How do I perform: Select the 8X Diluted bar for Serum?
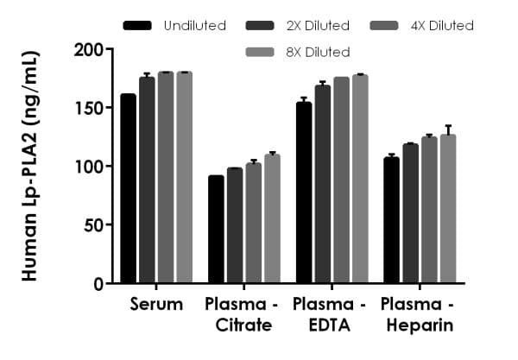click(x=184, y=177)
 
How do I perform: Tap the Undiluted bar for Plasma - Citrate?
click(x=216, y=229)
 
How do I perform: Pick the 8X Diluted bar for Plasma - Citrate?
click(x=272, y=219)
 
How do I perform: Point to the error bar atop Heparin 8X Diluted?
click(x=447, y=129)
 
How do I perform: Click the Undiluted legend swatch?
click(x=138, y=25)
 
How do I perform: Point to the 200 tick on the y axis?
click(x=107, y=49)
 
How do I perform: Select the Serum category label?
click(x=156, y=304)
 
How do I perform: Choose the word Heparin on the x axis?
click(x=419, y=325)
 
